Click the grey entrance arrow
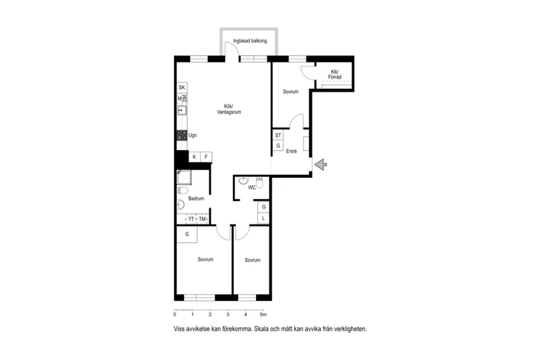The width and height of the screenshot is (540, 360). coord(321,164)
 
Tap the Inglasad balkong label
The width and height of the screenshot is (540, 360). coord(249,41)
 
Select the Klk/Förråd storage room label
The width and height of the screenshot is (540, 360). coord(334,75)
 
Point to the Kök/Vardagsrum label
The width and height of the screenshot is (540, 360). coord(229,109)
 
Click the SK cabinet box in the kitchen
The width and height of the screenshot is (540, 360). coord(182,88)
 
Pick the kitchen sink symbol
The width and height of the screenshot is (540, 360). coord(182,110)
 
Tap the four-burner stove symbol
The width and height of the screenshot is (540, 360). coord(182,135)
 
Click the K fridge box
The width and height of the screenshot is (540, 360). coord(194,156)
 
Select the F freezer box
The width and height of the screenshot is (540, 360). coord(206,156)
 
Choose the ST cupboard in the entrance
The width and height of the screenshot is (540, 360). coord(278,135)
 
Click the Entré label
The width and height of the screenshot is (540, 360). coord(291,151)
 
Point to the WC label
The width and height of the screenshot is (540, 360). coord(252,187)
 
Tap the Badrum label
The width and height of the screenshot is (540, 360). coord(196,198)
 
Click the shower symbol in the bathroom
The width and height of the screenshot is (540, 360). coord(184,177)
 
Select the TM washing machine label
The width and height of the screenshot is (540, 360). coord(202,219)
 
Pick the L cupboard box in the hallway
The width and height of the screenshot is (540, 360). coord(264,218)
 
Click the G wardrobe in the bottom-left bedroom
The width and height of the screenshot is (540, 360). coord(187,234)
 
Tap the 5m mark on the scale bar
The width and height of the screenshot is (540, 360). coord(263,314)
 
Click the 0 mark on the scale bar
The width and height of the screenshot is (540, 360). coord(175,314)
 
